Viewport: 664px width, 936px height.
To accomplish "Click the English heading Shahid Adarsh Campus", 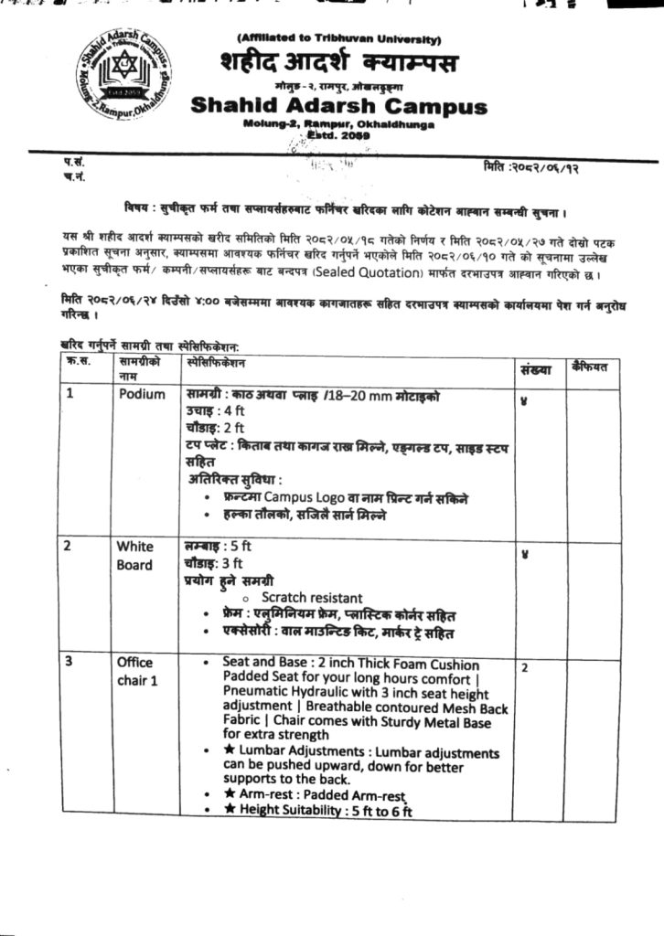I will [x=338, y=106].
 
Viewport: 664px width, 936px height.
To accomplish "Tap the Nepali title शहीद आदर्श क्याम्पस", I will [x=338, y=64].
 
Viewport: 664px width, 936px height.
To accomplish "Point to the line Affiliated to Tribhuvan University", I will [x=338, y=39].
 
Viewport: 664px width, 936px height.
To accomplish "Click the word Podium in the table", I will [x=142, y=395].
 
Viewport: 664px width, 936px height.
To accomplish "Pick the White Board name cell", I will [x=134, y=556].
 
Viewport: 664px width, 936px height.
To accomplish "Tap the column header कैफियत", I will [x=595, y=366].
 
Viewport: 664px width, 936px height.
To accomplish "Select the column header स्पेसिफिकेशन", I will [x=218, y=362].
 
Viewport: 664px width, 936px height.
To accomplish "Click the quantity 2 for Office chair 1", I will [x=525, y=668].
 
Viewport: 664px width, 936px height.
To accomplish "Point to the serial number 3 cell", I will [x=69, y=662].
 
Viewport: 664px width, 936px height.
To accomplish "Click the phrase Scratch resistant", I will [x=312, y=598].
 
